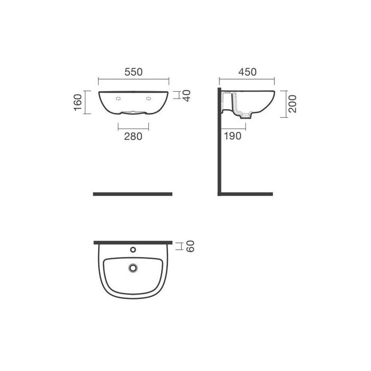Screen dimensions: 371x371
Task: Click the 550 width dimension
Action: click(x=133, y=72)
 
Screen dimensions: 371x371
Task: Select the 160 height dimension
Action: click(x=78, y=102)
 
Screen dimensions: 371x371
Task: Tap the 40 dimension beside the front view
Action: click(x=186, y=96)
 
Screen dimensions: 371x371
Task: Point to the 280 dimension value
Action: click(x=133, y=136)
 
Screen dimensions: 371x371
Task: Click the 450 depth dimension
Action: click(x=247, y=72)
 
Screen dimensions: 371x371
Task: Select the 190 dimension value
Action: click(x=232, y=136)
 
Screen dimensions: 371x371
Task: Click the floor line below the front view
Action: click(x=132, y=194)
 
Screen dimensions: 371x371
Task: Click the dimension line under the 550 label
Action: click(x=133, y=81)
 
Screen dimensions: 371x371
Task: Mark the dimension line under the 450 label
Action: click(x=247, y=81)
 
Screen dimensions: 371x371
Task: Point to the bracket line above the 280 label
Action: click(x=133, y=126)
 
